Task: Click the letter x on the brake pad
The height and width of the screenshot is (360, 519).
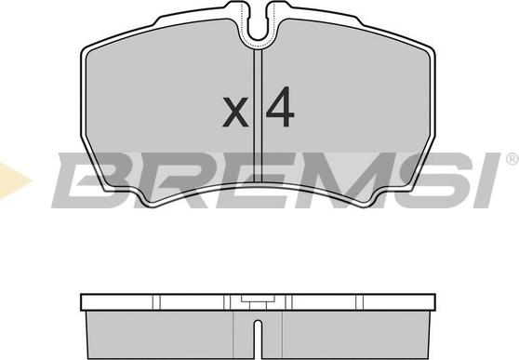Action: tap(235, 112)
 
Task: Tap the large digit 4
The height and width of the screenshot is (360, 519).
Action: tap(280, 107)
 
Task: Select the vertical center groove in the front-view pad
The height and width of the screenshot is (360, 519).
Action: tap(258, 115)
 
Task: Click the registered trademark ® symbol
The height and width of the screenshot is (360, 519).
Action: tap(512, 159)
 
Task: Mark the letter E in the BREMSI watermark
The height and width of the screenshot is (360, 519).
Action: tap(245, 180)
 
